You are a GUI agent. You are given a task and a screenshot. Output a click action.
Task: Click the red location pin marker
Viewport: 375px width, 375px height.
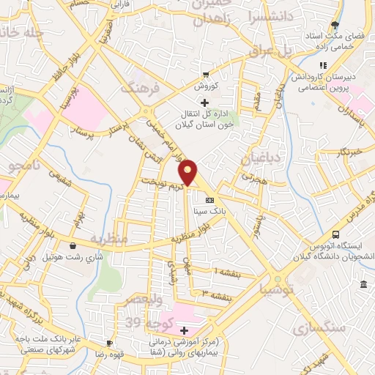tap(188, 172)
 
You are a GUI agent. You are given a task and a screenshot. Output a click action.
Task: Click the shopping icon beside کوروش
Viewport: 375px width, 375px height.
tap(206, 75)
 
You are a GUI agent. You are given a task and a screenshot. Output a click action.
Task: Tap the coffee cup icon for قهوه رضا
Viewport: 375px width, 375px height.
tap(109, 343)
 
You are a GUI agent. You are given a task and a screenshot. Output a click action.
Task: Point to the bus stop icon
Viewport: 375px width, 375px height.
tap(335, 235)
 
